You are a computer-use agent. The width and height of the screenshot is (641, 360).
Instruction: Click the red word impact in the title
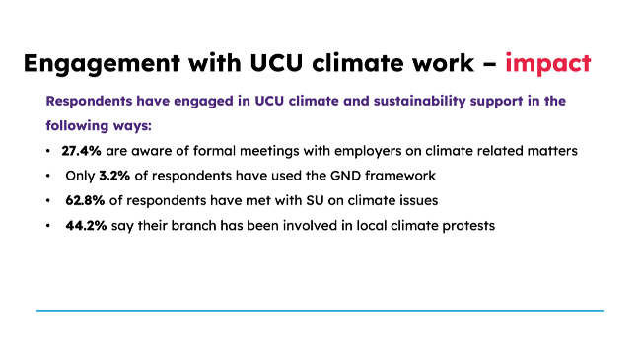(547, 65)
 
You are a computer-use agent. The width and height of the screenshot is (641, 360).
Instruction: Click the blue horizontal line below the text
(320, 311)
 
